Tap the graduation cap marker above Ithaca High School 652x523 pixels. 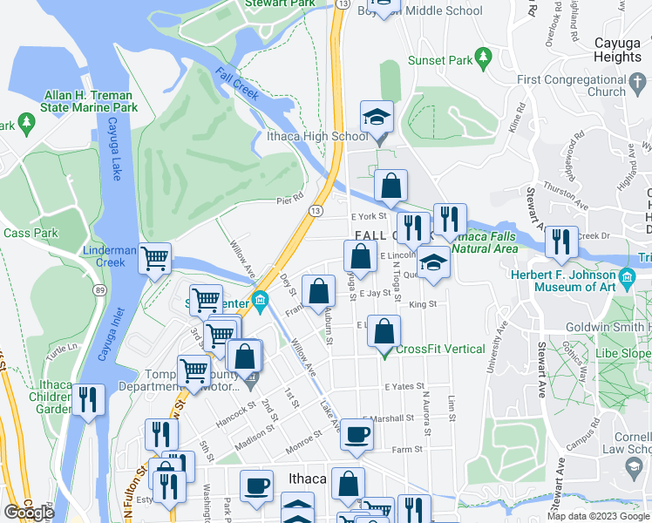pyautogui.click(x=377, y=117)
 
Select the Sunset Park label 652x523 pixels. pyautogui.click(x=440, y=61)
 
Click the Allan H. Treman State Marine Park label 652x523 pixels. pyautogui.click(x=89, y=101)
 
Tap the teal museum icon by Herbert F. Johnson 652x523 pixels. pyautogui.click(x=627, y=282)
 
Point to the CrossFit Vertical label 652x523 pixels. pyautogui.click(x=440, y=350)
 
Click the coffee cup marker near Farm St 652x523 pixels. pyautogui.click(x=356, y=435)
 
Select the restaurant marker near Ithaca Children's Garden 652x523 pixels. pyautogui.click(x=88, y=400)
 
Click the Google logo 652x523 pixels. pyautogui.click(x=29, y=513)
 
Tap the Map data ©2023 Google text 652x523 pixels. pyautogui.click(x=598, y=516)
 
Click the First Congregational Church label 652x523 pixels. pyautogui.click(x=571, y=85)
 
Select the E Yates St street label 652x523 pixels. pyautogui.click(x=404, y=385)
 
